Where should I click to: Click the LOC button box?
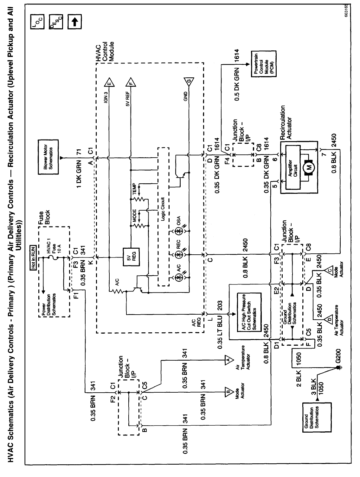tap(37, 22)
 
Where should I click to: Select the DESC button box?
tap(56, 22)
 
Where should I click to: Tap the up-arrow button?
tap(74, 22)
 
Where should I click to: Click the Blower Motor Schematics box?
tap(48, 157)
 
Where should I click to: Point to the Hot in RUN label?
tap(34, 258)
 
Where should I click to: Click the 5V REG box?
tap(131, 257)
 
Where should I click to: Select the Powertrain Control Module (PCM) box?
tap(264, 64)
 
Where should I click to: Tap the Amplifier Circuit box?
tap(293, 167)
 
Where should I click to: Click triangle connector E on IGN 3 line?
tap(109, 83)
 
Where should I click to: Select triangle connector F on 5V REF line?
tap(131, 83)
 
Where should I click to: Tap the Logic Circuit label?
tap(163, 209)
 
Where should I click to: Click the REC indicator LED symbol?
tap(179, 254)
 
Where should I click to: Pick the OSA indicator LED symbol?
tap(179, 231)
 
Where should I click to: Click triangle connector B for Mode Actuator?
tap(228, 392)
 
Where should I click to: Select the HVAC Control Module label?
tap(105, 52)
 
